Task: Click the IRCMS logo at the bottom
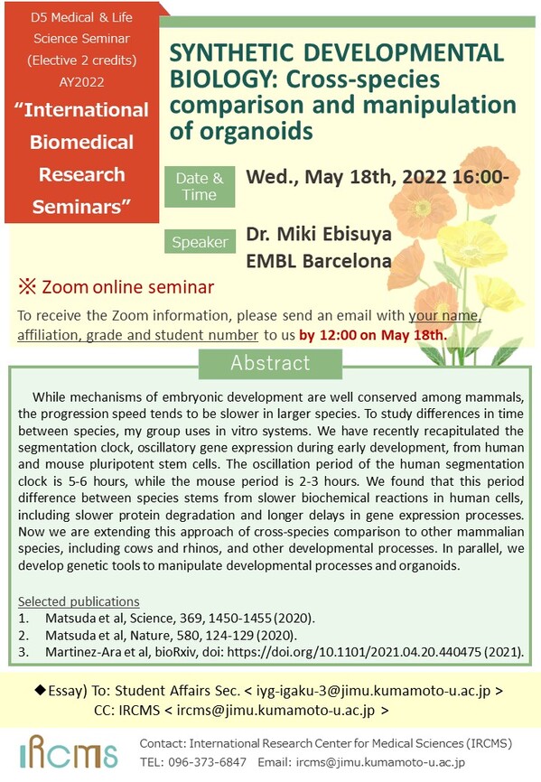[x=69, y=751]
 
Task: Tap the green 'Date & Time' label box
[x=200, y=187]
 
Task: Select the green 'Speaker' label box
[x=200, y=242]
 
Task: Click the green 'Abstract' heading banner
[x=270, y=363]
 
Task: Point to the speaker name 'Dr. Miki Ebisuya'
[x=319, y=234]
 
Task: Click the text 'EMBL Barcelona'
[x=319, y=261]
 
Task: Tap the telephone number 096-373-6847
[x=207, y=762]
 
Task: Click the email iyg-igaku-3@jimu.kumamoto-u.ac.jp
[x=373, y=691]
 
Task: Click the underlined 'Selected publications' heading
[x=79, y=601]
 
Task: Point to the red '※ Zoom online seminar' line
[x=117, y=287]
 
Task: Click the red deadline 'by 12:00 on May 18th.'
[x=372, y=335]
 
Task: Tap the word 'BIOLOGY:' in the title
[x=219, y=79]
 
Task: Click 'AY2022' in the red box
[x=82, y=82]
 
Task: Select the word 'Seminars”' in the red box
[x=82, y=207]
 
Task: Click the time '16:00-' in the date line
[x=480, y=177]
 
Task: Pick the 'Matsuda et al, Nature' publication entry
[x=171, y=636]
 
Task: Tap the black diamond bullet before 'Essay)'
[x=40, y=690]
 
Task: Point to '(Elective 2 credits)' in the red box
[x=82, y=61]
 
